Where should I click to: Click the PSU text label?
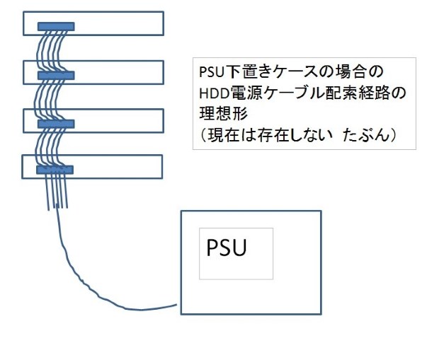(x=226, y=249)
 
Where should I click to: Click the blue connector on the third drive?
(x=55, y=124)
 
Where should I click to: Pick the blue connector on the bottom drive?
(x=55, y=170)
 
